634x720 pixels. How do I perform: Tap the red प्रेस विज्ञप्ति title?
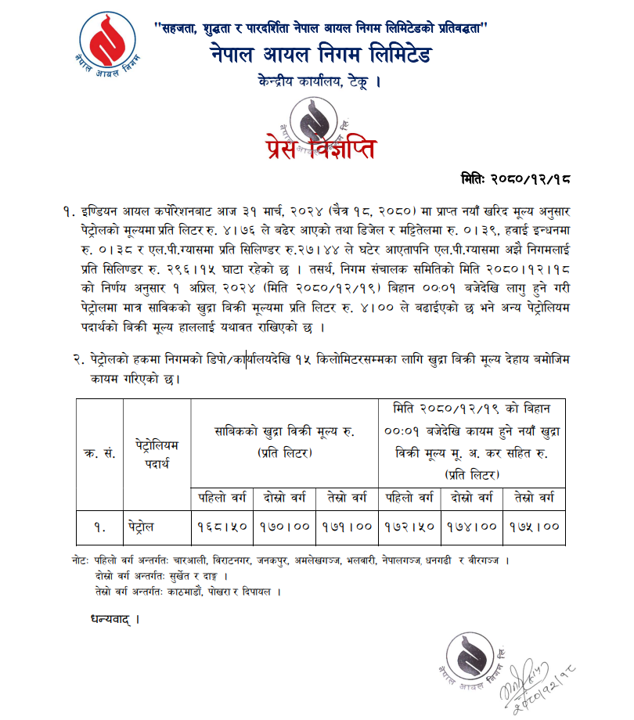pyautogui.click(x=316, y=146)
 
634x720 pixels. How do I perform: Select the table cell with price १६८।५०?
pyautogui.click(x=222, y=526)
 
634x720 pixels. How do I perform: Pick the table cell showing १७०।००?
pyautogui.click(x=283, y=526)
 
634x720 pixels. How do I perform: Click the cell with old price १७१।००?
pyautogui.click(x=346, y=526)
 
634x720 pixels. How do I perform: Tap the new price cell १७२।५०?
pyautogui.click(x=409, y=526)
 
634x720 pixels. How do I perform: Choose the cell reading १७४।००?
pyautogui.click(x=471, y=526)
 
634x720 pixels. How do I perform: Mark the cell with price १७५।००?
pyautogui.click(x=533, y=526)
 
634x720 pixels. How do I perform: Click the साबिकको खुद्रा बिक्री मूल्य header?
pyautogui.click(x=284, y=442)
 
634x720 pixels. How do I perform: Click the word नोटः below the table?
pyautogui.click(x=78, y=561)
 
